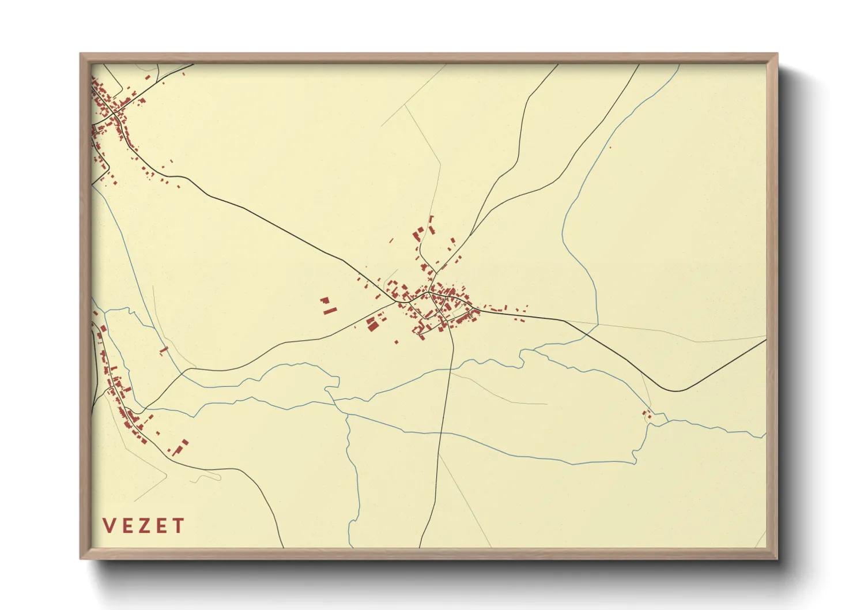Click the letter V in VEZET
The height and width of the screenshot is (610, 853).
click(109, 526)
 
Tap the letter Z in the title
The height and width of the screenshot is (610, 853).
click(144, 526)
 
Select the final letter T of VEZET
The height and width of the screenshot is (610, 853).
click(178, 526)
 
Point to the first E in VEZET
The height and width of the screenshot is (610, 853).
click(127, 526)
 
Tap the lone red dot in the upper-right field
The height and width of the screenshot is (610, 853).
click(610, 148)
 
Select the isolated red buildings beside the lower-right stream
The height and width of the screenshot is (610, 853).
click(648, 414)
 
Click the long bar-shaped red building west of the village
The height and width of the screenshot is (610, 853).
click(330, 311)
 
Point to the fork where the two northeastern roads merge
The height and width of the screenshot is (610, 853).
click(471, 235)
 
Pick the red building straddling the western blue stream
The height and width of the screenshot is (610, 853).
click(163, 349)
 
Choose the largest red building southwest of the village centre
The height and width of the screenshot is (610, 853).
click(372, 326)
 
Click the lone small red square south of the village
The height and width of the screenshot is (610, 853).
click(397, 342)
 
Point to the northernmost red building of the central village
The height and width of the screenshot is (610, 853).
click(431, 219)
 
